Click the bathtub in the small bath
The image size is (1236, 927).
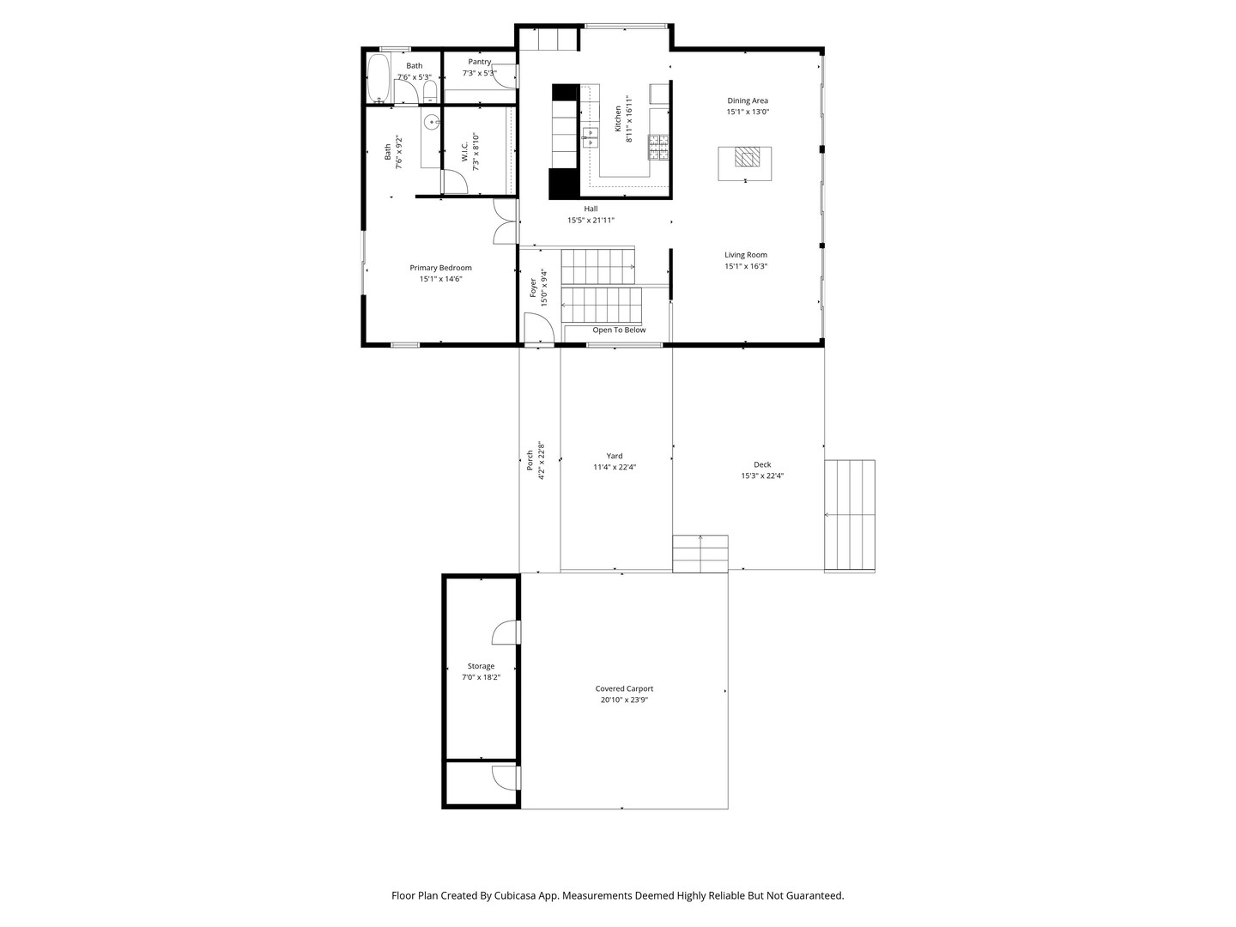tap(379, 78)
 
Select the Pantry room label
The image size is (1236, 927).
tap(480, 62)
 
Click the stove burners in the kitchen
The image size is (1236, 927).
tap(657, 148)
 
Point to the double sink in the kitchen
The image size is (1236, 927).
tap(591, 138)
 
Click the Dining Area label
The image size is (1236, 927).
tap(748, 100)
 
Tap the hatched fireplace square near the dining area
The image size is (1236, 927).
tap(747, 156)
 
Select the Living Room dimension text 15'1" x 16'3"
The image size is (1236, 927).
tap(746, 266)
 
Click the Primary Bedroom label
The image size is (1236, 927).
tap(440, 268)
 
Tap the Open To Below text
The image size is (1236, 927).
tap(619, 330)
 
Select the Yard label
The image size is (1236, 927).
tap(615, 456)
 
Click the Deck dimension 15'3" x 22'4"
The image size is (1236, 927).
tap(762, 476)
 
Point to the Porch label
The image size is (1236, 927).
tap(530, 460)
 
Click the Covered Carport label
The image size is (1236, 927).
tap(624, 688)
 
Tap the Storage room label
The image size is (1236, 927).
tap(481, 666)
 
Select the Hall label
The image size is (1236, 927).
tap(591, 209)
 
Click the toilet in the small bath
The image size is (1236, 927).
tap(430, 92)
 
